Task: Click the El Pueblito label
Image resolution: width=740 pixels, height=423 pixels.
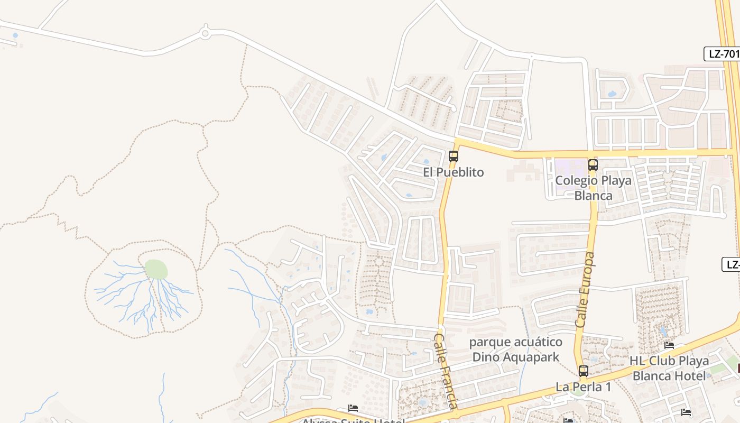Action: (454, 172)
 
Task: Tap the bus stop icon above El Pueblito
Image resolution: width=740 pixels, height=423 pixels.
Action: (454, 157)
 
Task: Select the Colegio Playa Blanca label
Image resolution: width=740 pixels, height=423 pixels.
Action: (593, 188)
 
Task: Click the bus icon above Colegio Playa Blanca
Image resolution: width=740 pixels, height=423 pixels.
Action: (593, 165)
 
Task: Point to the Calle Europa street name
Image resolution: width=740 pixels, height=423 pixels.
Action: (585, 289)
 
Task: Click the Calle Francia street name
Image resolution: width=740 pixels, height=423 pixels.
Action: (445, 371)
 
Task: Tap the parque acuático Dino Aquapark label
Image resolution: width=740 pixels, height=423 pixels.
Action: (515, 350)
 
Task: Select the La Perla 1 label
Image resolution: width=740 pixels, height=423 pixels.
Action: (583, 387)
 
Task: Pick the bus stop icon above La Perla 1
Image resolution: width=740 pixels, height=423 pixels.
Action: (584, 371)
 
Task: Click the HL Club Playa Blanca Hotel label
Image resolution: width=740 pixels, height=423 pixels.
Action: (669, 369)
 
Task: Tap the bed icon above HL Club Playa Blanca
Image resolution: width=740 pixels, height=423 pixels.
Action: (669, 346)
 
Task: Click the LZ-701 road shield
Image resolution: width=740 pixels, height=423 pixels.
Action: (722, 54)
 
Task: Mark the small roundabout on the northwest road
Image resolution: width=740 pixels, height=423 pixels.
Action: (205, 33)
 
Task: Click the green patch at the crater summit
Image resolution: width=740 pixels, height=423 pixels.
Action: (156, 269)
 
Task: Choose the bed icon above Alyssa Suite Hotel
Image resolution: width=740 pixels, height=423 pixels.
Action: (353, 408)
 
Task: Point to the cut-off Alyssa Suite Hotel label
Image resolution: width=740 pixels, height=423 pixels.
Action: (353, 420)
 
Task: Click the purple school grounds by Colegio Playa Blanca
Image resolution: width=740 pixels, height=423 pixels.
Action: (571, 168)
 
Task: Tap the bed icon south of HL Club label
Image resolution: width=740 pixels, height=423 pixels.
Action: (686, 412)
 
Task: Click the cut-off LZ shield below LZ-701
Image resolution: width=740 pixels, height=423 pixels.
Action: (732, 264)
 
